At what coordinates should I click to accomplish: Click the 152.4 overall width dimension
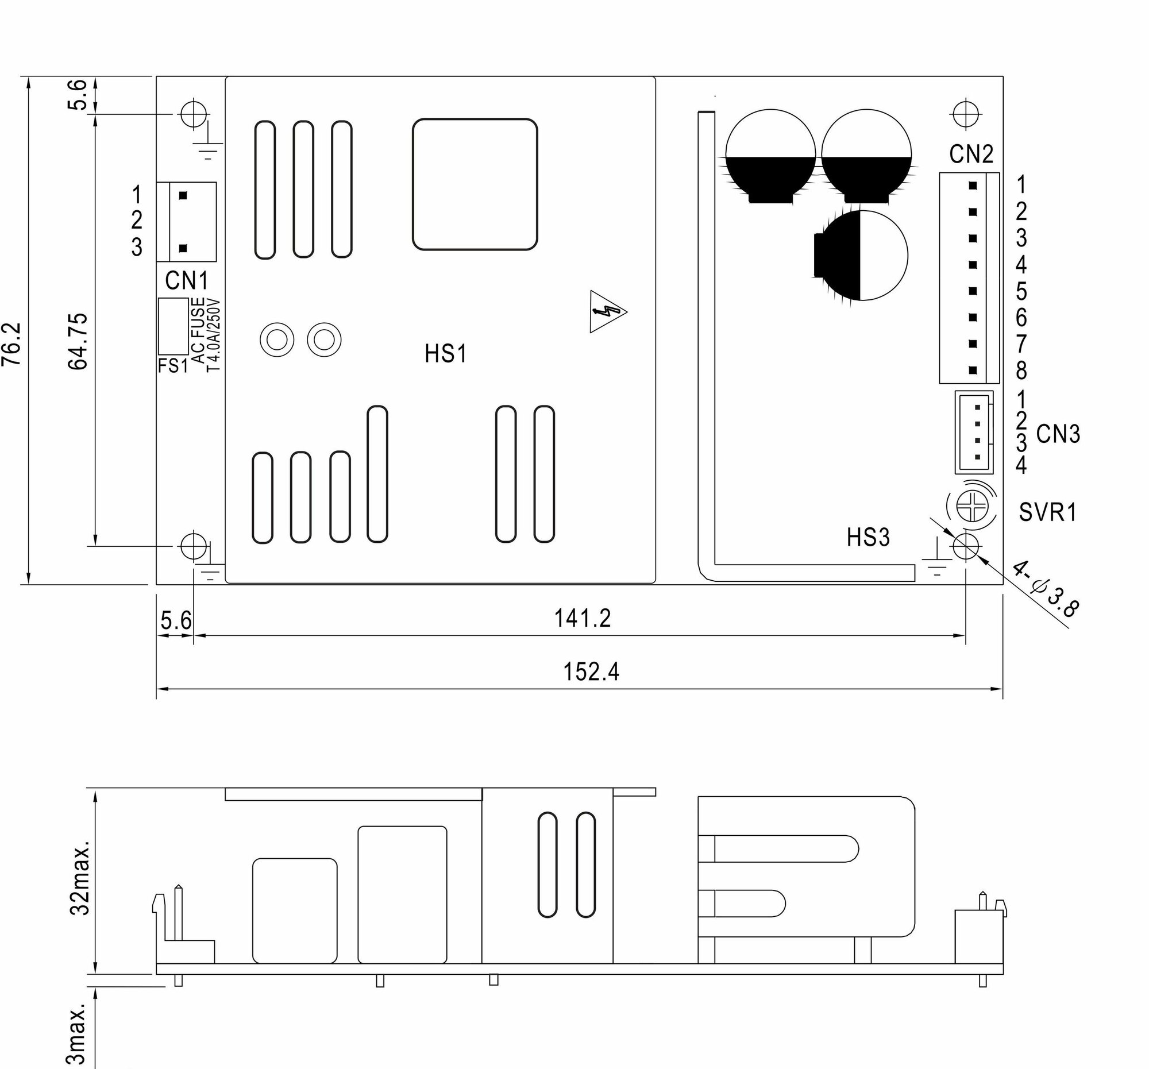coord(591,672)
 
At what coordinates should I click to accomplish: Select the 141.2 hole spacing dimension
coord(582,619)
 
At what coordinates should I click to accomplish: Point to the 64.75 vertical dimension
coord(78,342)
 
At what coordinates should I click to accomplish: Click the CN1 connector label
coord(186,281)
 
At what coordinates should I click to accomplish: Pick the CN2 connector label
coord(971,155)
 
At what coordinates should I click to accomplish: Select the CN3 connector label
coord(1058,434)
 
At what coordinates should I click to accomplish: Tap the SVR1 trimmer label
coord(1048,512)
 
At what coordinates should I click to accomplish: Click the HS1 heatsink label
coord(445,354)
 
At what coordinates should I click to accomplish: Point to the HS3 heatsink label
coord(868,538)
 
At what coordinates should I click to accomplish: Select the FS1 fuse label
coord(173,366)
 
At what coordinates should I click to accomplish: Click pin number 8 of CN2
coord(1021,371)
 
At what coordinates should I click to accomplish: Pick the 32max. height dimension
coord(80,878)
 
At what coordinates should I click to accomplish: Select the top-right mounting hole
coord(965,114)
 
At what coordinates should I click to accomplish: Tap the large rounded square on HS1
coord(475,184)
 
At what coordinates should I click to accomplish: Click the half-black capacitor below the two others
coord(861,256)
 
